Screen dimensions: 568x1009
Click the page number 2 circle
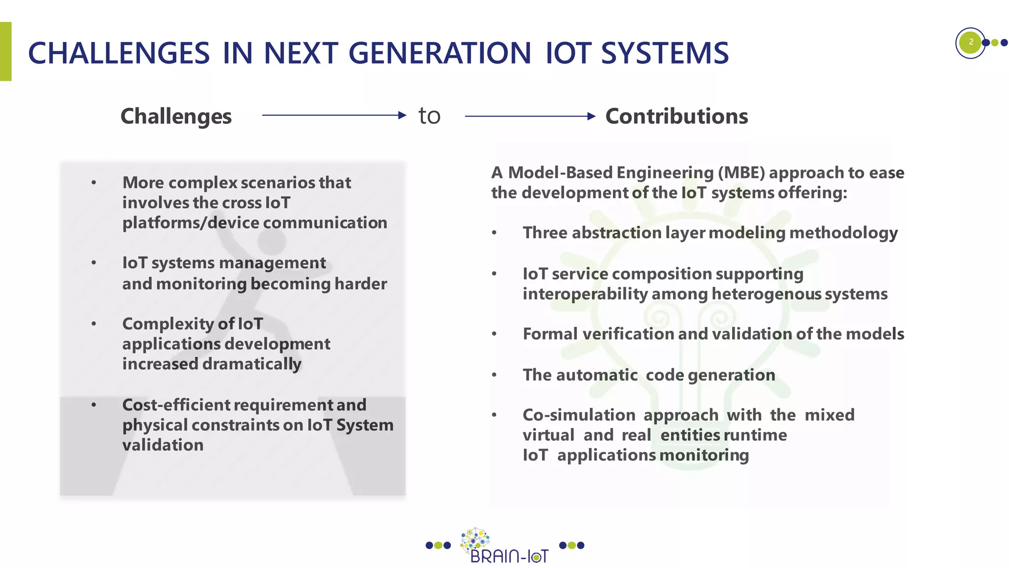(x=970, y=42)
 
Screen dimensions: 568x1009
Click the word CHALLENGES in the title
(x=119, y=53)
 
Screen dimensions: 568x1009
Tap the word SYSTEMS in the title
(x=665, y=53)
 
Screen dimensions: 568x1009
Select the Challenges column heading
(x=176, y=117)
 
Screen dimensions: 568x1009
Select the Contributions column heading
(x=676, y=117)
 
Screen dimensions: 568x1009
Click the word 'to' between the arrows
(x=429, y=116)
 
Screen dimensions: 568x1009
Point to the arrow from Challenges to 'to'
(x=334, y=115)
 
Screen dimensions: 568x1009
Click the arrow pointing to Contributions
(x=530, y=116)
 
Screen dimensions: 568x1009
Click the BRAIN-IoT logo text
(x=509, y=557)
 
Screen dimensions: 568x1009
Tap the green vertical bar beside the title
(x=5, y=51)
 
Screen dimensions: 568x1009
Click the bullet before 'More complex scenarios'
(x=94, y=183)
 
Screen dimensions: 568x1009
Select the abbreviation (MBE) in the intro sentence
(x=741, y=173)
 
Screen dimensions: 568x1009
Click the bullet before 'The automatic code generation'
(x=494, y=375)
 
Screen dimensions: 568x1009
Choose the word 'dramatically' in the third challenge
(x=252, y=364)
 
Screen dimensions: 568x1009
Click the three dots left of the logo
(x=438, y=545)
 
